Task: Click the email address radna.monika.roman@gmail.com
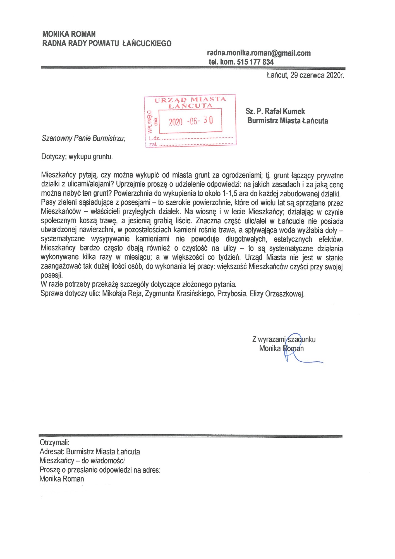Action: [259, 53]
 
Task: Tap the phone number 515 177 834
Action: [255, 62]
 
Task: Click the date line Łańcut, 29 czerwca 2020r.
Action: [305, 75]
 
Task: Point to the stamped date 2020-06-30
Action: [191, 121]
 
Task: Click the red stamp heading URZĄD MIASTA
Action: [190, 100]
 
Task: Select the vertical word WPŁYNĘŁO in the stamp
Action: [150, 122]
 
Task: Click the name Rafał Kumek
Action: [285, 112]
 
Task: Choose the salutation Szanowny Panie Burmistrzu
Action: [83, 138]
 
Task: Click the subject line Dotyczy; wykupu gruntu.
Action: [77, 157]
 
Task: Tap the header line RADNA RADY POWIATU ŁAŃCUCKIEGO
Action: [107, 43]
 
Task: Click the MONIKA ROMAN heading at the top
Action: [69, 34]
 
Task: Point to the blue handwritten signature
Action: [296, 349]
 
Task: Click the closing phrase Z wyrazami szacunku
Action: [284, 339]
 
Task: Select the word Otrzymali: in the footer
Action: [54, 442]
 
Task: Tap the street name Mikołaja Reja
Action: [122, 294]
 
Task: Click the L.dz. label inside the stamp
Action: [155, 138]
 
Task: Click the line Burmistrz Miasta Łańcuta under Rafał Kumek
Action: [288, 121]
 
